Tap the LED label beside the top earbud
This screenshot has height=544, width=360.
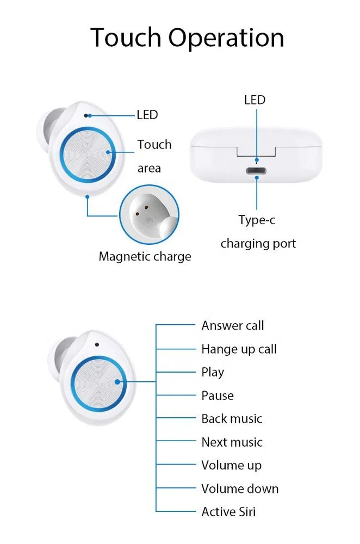point(147,115)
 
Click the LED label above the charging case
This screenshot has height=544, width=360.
point(255,100)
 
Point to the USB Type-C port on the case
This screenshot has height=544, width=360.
point(257,171)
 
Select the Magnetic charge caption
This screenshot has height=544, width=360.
point(145,257)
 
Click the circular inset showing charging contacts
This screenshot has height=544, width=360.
point(149,214)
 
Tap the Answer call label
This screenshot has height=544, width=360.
point(233,326)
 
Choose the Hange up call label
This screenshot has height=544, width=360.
point(239,349)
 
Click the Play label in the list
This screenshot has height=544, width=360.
point(213,373)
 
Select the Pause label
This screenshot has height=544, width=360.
point(218,395)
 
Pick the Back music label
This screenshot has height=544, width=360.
point(232,419)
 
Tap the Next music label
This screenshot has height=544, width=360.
point(232,442)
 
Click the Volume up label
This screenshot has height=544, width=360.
point(231,466)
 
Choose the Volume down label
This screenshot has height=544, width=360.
point(240,489)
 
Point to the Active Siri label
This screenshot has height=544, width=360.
point(228,512)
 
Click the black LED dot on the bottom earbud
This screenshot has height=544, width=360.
point(97,344)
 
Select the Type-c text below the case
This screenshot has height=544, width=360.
point(257,220)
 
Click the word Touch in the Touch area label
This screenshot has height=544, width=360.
point(154,145)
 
